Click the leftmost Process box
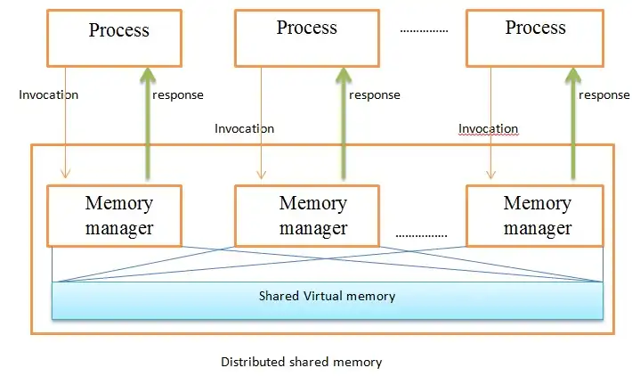118,37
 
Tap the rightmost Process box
535,37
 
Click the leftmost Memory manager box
118,216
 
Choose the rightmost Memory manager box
537,216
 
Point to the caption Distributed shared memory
301,363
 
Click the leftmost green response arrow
145,125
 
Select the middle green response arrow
342,125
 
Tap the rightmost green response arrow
572,125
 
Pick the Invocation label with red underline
488,129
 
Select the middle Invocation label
244,128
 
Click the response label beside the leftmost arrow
178,95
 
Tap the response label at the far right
604,95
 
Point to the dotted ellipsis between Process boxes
424,30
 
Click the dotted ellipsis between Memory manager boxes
420,235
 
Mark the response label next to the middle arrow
375,95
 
